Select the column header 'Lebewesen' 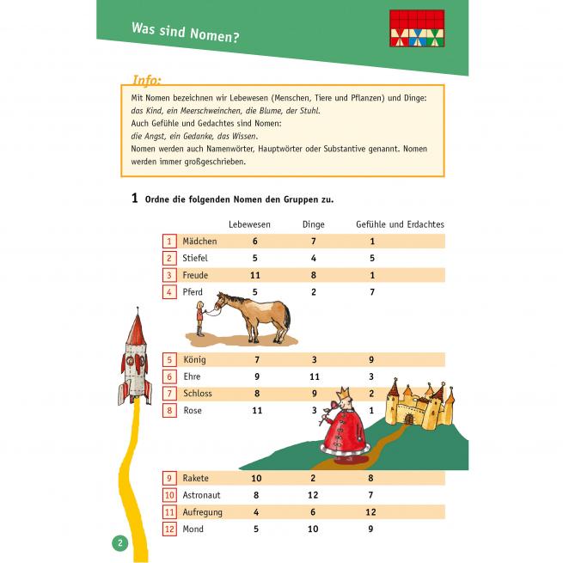(x=250, y=224)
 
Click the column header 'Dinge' (x=314, y=224)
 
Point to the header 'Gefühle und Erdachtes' (x=400, y=224)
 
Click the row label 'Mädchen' (x=199, y=242)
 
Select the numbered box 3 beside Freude (x=169, y=275)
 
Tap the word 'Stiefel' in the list (x=195, y=258)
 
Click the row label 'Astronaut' (x=201, y=495)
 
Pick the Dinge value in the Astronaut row (x=313, y=495)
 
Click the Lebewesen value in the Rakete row (x=255, y=478)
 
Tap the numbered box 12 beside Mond (x=169, y=529)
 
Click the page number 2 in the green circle (x=119, y=543)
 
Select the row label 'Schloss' (x=198, y=394)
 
